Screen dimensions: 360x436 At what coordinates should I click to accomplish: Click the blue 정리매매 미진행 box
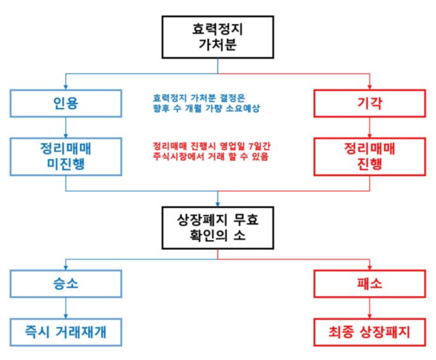pos(65,156)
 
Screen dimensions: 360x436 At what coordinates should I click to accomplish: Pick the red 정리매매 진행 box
pos(369,156)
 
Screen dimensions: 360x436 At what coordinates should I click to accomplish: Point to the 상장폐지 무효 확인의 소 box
pos(217,227)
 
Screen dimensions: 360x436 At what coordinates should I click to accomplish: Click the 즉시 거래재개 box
pos(65,333)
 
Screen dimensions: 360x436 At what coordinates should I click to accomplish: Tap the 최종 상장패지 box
pos(369,333)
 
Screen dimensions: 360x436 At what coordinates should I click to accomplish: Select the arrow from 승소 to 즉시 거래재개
pos(65,308)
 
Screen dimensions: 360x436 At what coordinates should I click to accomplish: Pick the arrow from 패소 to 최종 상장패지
pos(369,308)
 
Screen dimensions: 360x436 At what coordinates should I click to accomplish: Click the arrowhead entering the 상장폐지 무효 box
pos(217,203)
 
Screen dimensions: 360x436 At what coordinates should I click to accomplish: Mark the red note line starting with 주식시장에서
pos(210,158)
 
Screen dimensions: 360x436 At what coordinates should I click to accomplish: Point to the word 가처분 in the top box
pos(217,46)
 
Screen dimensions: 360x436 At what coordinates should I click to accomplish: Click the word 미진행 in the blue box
pos(65,164)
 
